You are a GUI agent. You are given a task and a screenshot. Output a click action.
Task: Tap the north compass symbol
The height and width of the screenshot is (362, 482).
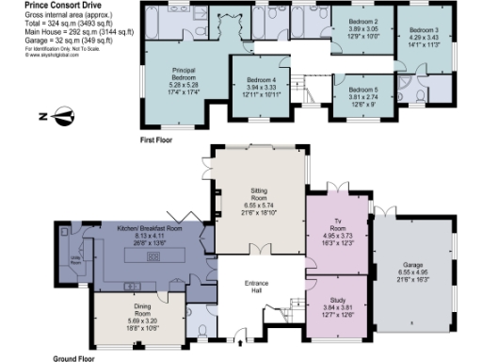(x=63, y=117)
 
